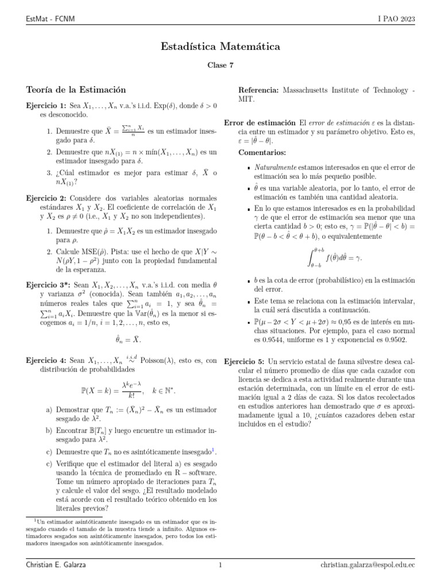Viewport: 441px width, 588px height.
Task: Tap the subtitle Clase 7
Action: tap(220, 65)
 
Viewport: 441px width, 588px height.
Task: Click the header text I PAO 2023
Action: tap(396, 20)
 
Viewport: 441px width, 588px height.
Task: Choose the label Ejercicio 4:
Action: tap(47, 361)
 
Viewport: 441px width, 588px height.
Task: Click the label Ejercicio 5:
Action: tap(245, 361)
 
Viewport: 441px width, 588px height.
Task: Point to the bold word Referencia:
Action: tap(258, 90)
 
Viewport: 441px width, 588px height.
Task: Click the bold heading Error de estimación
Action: tap(260, 123)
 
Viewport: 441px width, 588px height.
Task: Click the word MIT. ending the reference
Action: tap(246, 99)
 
